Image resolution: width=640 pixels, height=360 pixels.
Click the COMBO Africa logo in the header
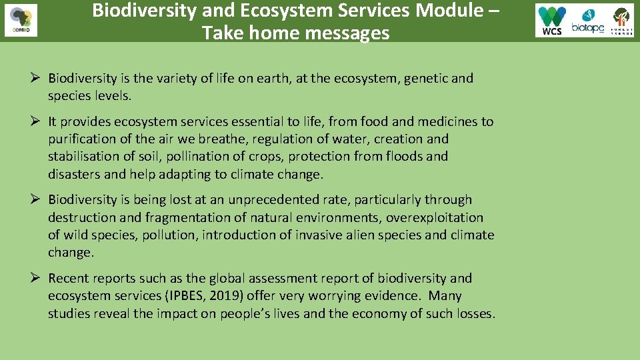click(x=21, y=21)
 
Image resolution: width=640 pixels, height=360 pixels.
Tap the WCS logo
click(x=552, y=21)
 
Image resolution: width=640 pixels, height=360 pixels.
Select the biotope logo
click(x=588, y=21)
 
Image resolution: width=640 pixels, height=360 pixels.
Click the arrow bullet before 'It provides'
click(x=38, y=121)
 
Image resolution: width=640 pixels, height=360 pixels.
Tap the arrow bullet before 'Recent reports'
click(x=38, y=278)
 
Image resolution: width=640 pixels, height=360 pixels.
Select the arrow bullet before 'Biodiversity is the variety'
click(x=38, y=78)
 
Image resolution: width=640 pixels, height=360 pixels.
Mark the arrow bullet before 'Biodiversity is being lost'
click(x=38, y=199)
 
